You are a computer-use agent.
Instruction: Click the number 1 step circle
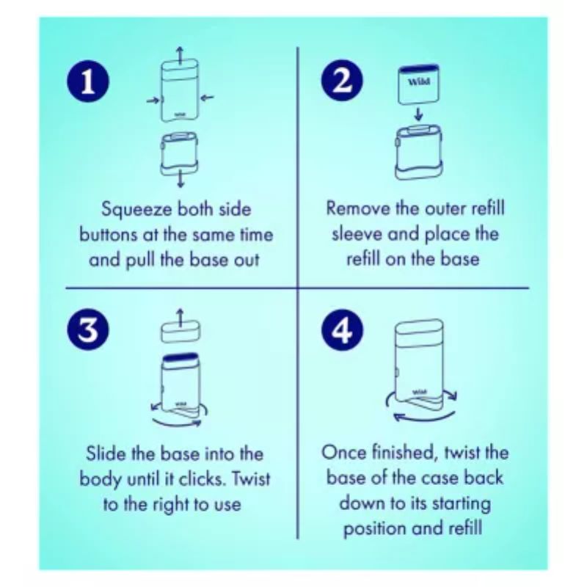coord(88,81)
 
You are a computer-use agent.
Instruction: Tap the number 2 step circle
coord(342,81)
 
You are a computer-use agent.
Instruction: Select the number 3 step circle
coord(88,330)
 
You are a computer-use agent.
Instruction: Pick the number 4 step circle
coord(342,330)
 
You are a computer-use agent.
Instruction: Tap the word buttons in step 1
coord(108,235)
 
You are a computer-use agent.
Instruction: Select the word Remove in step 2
coord(358,208)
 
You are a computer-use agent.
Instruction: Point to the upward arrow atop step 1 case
coord(180,56)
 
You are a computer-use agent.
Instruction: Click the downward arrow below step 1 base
coord(181,178)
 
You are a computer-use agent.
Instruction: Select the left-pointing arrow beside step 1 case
coord(207,98)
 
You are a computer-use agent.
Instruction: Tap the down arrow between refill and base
coord(419,114)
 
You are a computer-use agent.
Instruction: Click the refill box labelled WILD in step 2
coord(418,84)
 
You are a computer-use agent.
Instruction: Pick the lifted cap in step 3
coord(181,331)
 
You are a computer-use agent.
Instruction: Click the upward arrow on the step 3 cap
coord(181,318)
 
